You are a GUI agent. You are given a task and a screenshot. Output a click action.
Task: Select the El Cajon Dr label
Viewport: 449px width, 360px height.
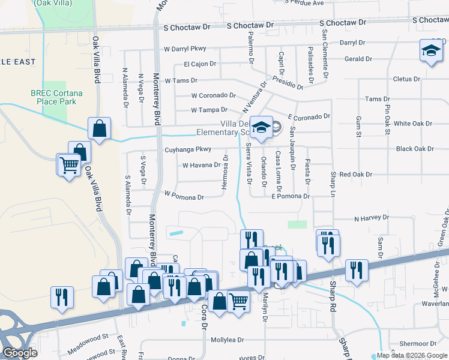tap(199, 64)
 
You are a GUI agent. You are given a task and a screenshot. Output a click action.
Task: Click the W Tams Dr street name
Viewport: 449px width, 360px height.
tap(181, 80)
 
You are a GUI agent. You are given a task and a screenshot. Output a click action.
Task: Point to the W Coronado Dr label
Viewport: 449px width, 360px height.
tap(213, 95)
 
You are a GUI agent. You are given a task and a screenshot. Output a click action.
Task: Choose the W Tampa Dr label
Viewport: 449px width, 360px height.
tap(209, 110)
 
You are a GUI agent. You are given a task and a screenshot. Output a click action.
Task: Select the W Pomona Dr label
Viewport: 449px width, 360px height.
tap(184, 196)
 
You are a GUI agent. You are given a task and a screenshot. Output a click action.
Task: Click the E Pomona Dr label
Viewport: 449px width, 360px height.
tap(290, 196)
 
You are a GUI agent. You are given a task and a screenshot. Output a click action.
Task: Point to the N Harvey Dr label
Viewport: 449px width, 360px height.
tap(372, 218)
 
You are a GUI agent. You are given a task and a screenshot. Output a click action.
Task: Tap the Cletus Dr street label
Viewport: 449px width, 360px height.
tap(406, 79)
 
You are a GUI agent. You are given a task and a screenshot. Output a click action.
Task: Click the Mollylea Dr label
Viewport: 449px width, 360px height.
tap(228, 340)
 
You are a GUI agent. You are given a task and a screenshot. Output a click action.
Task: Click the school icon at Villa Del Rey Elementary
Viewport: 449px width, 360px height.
tap(261, 128)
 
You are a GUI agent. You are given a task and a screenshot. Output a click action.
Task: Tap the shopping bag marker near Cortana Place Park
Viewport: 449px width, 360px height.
tap(99, 128)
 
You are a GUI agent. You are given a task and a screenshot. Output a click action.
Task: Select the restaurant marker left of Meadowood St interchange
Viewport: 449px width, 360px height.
tap(62, 298)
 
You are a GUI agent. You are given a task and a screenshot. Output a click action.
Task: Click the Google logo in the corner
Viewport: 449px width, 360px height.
tap(20, 353)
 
